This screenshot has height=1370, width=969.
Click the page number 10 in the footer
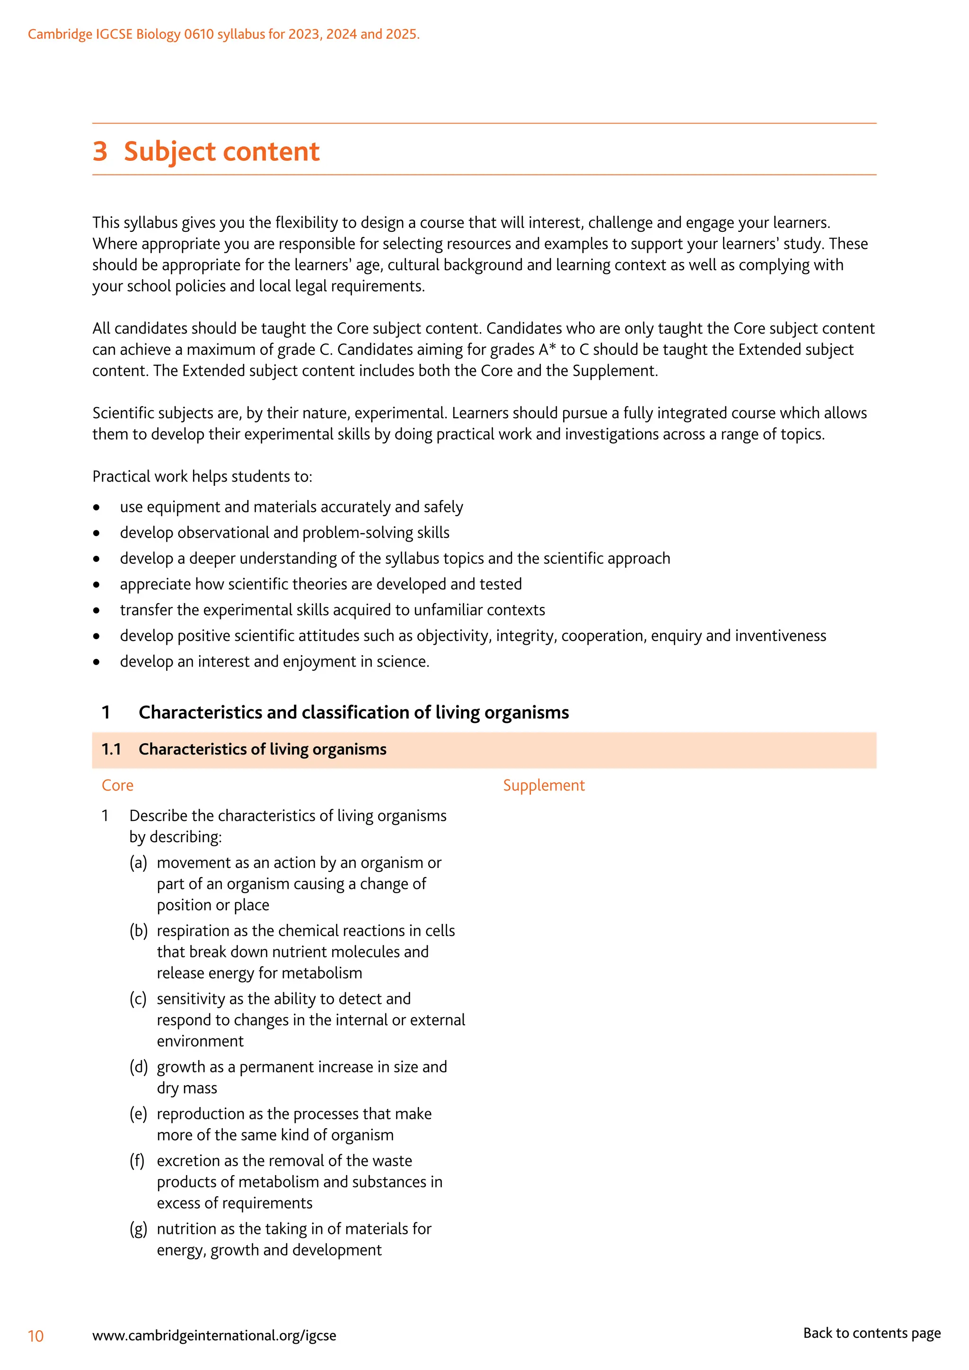(x=36, y=1335)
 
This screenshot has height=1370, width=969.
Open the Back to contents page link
(x=871, y=1333)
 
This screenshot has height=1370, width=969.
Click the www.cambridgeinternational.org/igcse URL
(x=214, y=1335)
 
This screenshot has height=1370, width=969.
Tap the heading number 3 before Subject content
(x=100, y=151)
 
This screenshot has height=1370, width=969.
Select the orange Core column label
(x=117, y=785)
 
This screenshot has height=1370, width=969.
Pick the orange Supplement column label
(x=544, y=785)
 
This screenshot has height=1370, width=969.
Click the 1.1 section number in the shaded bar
(x=111, y=749)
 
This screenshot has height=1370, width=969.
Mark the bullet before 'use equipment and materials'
(x=97, y=507)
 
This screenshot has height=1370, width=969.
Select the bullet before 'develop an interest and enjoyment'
(x=97, y=662)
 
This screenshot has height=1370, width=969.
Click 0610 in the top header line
(x=199, y=34)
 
